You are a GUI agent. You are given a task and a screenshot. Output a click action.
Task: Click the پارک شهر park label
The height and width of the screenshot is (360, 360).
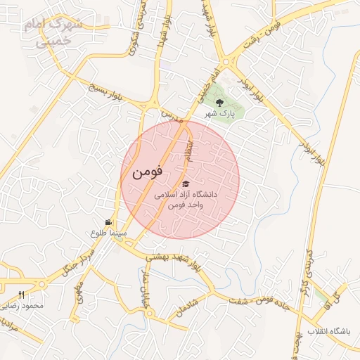(218, 113)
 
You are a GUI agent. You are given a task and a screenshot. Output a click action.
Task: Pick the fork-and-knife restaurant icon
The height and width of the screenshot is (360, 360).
(21, 295)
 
